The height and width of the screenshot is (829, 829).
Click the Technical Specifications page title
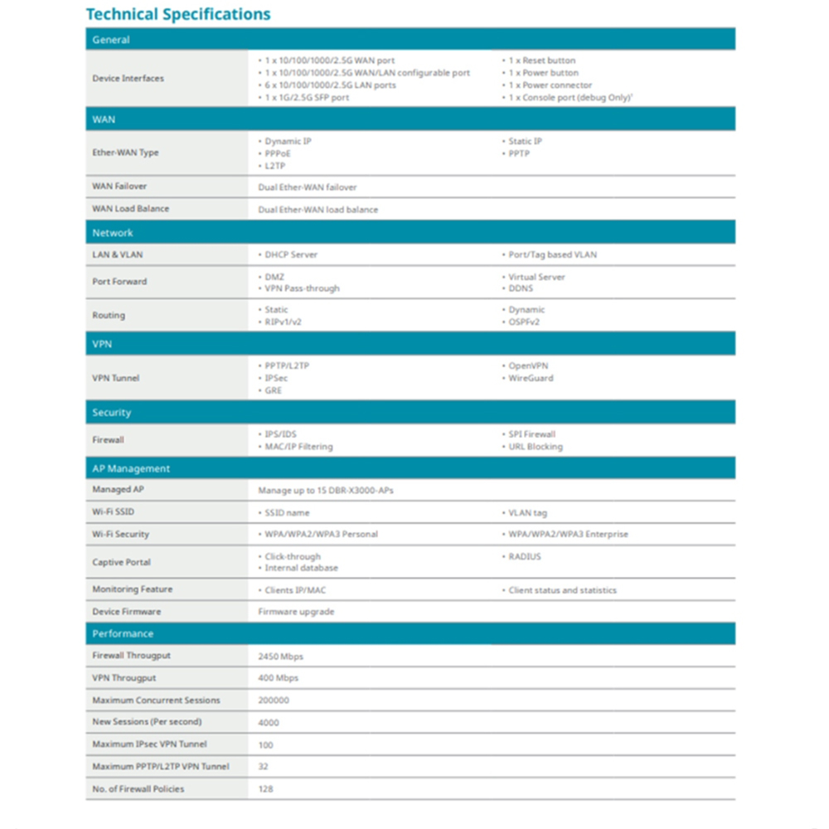tap(178, 14)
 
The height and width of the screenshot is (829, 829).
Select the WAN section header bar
tap(410, 119)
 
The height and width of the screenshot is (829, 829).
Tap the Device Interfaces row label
tap(128, 79)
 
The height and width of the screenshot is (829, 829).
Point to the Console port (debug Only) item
tap(563, 98)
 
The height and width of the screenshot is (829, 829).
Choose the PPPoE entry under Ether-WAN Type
tap(278, 153)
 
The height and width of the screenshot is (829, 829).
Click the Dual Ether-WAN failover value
tap(308, 187)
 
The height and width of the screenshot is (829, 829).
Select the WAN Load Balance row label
tap(130, 209)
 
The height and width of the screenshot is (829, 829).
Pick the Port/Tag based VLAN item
tap(552, 255)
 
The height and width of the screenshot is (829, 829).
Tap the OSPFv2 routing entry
tap(524, 322)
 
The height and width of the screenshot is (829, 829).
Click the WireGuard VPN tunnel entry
tap(531, 378)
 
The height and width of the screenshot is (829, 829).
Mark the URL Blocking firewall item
tap(536, 447)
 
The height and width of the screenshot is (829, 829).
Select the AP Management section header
tap(410, 468)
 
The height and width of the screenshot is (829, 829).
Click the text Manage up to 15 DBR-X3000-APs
tap(326, 491)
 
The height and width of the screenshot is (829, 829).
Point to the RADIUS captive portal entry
tap(525, 557)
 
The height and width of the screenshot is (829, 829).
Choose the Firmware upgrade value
tap(296, 612)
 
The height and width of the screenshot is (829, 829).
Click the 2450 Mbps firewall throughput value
tap(281, 657)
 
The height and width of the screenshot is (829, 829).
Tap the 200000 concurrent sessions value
tap(274, 701)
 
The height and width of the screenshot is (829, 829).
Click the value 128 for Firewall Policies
tap(265, 789)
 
